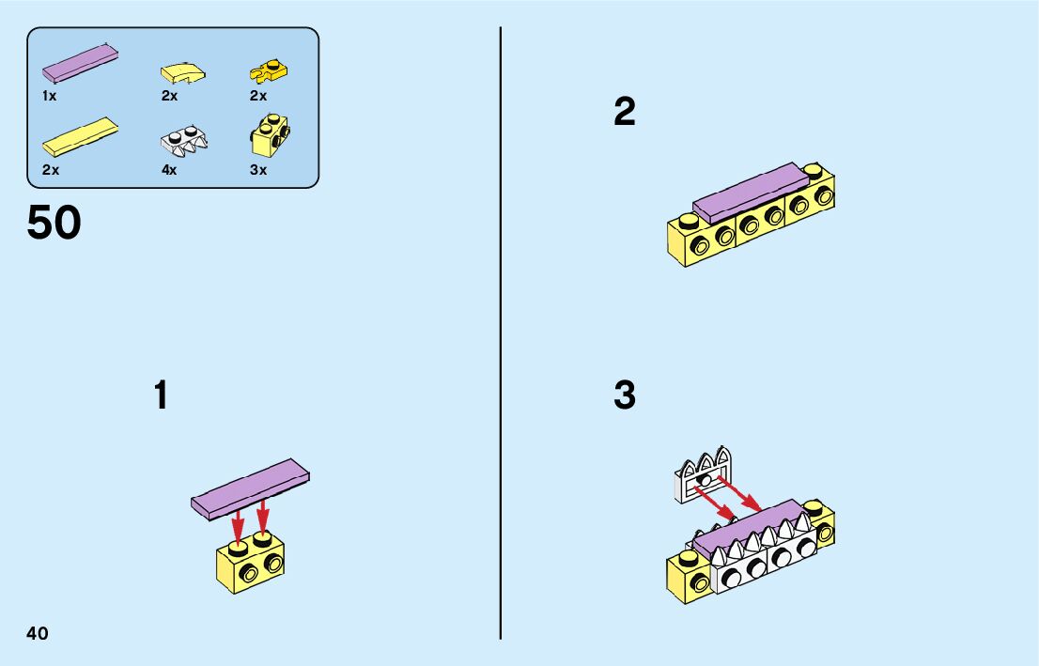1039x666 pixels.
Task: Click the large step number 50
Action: click(54, 224)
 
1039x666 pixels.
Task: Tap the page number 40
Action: click(38, 633)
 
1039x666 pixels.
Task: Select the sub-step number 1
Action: click(162, 395)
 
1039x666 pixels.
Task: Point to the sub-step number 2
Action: click(625, 113)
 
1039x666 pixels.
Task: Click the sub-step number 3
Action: click(625, 395)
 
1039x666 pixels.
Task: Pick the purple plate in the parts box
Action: click(80, 63)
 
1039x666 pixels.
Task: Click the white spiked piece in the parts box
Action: click(184, 139)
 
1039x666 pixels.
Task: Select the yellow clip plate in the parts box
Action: click(269, 70)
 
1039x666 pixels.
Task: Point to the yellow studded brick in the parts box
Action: click(270, 135)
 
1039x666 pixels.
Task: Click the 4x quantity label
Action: click(169, 170)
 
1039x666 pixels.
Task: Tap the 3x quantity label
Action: click(258, 170)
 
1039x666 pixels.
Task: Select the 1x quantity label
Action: click(50, 96)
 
